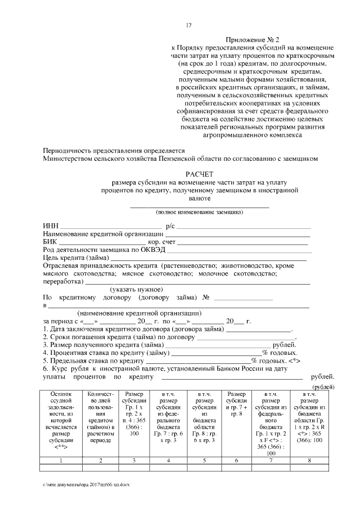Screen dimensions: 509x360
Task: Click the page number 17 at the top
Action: pos(189,25)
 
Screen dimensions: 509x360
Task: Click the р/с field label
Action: pos(169,226)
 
